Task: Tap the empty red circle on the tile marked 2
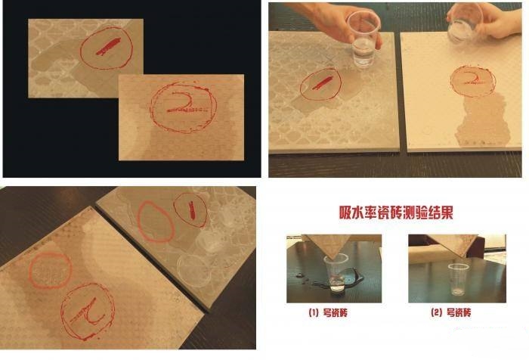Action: point(48,267)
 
